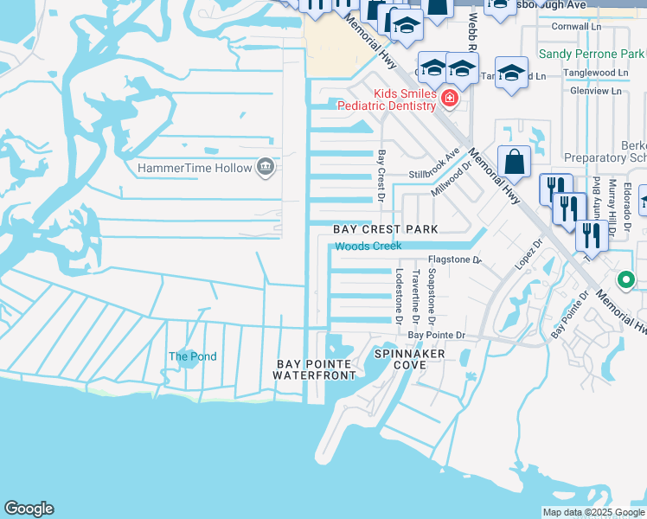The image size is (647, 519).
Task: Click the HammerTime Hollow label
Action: pyautogui.click(x=195, y=168)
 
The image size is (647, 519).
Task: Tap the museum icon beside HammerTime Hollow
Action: pyautogui.click(x=266, y=167)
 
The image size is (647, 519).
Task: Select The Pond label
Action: pyautogui.click(x=192, y=356)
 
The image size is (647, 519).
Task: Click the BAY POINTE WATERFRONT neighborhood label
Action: pyautogui.click(x=315, y=369)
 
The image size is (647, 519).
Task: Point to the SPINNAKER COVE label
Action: pyautogui.click(x=410, y=360)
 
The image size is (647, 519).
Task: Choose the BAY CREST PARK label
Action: pyautogui.click(x=386, y=229)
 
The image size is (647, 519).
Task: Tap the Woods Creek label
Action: pyautogui.click(x=368, y=247)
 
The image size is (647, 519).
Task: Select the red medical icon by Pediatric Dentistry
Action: pyautogui.click(x=449, y=99)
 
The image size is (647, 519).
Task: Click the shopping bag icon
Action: pyautogui.click(x=514, y=162)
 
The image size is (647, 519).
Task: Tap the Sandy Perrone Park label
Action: pyautogui.click(x=592, y=54)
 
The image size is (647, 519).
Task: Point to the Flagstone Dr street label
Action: pyautogui.click(x=452, y=259)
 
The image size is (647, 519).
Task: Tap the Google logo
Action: pyautogui.click(x=29, y=509)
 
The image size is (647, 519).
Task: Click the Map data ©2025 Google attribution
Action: pyautogui.click(x=593, y=512)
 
